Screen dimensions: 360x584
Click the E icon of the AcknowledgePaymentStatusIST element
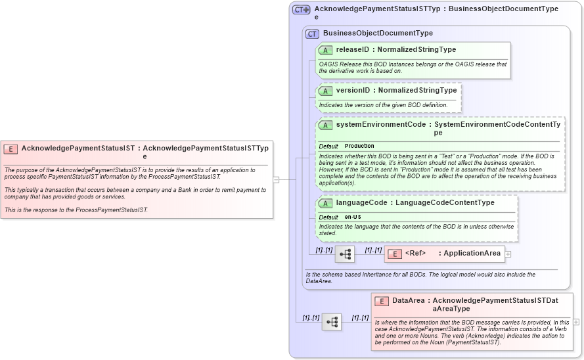[11, 148]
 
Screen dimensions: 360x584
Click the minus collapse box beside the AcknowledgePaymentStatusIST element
[276, 179]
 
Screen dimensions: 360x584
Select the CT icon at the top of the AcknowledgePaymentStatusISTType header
[302, 9]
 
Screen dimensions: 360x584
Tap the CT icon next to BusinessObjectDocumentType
[312, 34]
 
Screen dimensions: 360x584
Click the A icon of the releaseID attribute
[325, 50]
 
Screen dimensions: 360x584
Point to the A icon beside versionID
[325, 91]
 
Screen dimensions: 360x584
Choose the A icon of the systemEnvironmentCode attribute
[325, 125]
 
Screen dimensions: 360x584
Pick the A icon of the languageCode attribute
[325, 203]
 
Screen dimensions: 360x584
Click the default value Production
[359, 146]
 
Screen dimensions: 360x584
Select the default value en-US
[353, 217]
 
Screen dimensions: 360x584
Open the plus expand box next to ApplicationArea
[508, 254]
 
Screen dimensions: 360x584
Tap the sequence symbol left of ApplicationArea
[345, 254]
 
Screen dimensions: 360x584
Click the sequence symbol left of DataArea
[332, 322]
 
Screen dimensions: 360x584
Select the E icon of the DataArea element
[382, 301]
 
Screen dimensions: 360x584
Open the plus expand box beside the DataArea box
[576, 322]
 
